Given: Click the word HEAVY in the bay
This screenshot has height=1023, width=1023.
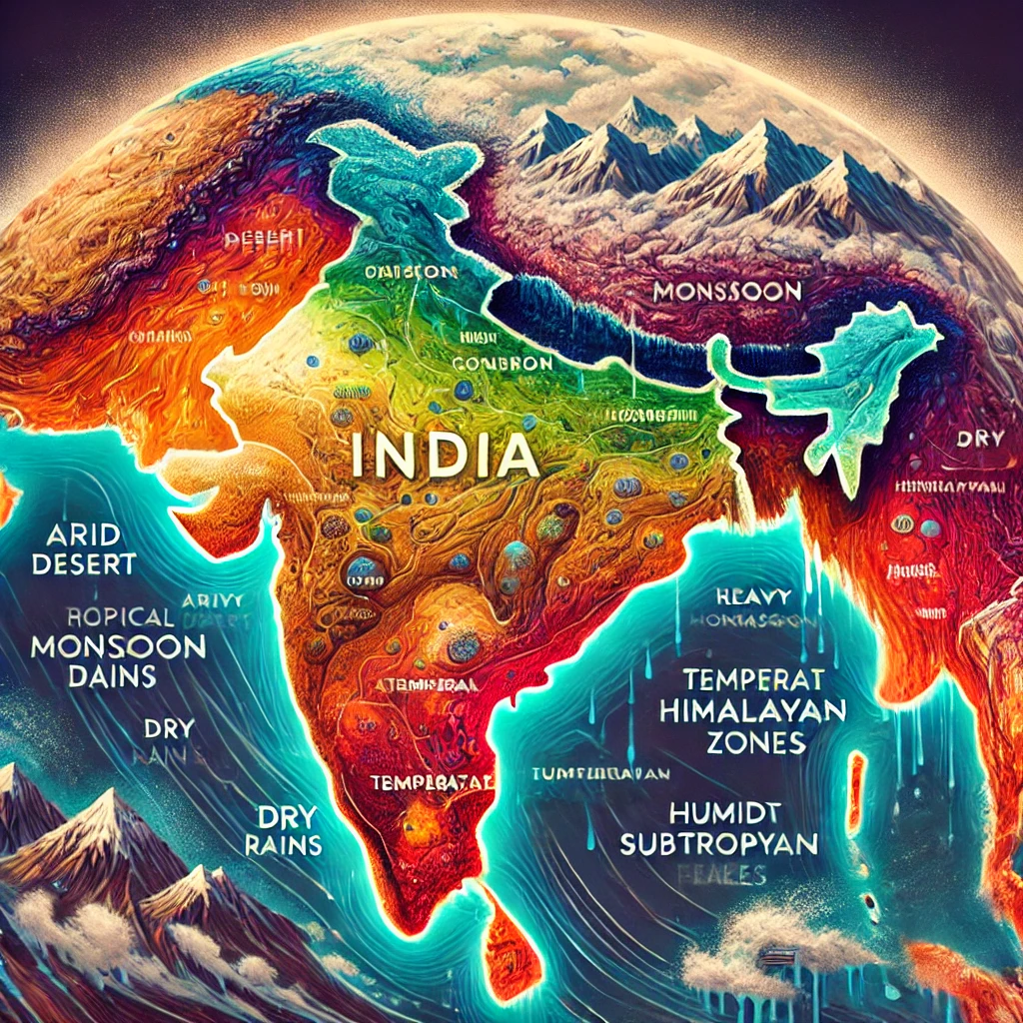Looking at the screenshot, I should tap(754, 596).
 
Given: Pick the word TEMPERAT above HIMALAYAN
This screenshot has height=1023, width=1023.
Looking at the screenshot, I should tap(754, 680).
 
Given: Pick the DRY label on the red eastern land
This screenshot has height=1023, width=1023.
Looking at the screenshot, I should tap(972, 439).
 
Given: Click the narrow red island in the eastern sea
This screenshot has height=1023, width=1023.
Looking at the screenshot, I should tap(856, 794).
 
